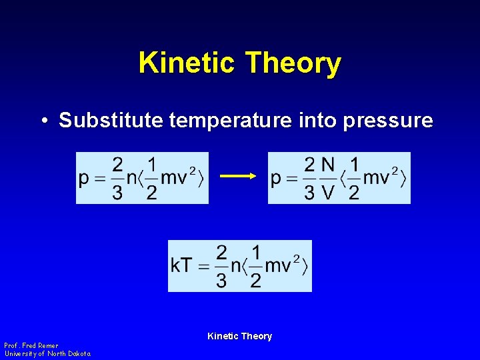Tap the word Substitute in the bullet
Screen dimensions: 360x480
[x=111, y=121]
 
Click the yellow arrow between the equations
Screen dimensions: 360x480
[x=238, y=176]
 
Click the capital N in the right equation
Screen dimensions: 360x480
[x=329, y=164]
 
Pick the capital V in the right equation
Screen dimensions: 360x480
[x=329, y=193]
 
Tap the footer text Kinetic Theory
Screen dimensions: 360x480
[x=239, y=336]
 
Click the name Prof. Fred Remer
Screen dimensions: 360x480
[x=31, y=345]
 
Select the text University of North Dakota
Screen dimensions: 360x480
[x=47, y=353]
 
